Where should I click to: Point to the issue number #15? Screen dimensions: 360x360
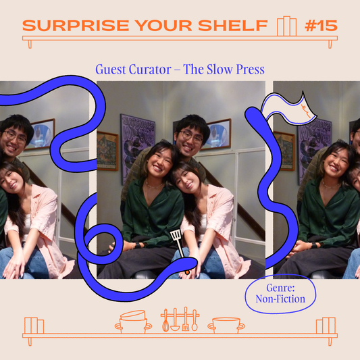(x=321, y=26)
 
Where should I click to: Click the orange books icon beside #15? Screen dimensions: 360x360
(x=286, y=26)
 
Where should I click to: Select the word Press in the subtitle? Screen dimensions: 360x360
(x=247, y=70)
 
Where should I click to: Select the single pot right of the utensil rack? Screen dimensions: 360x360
(x=226, y=324)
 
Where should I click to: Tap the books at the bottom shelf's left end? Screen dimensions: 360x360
(x=34, y=326)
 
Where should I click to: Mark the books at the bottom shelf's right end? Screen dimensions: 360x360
(x=325, y=326)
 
